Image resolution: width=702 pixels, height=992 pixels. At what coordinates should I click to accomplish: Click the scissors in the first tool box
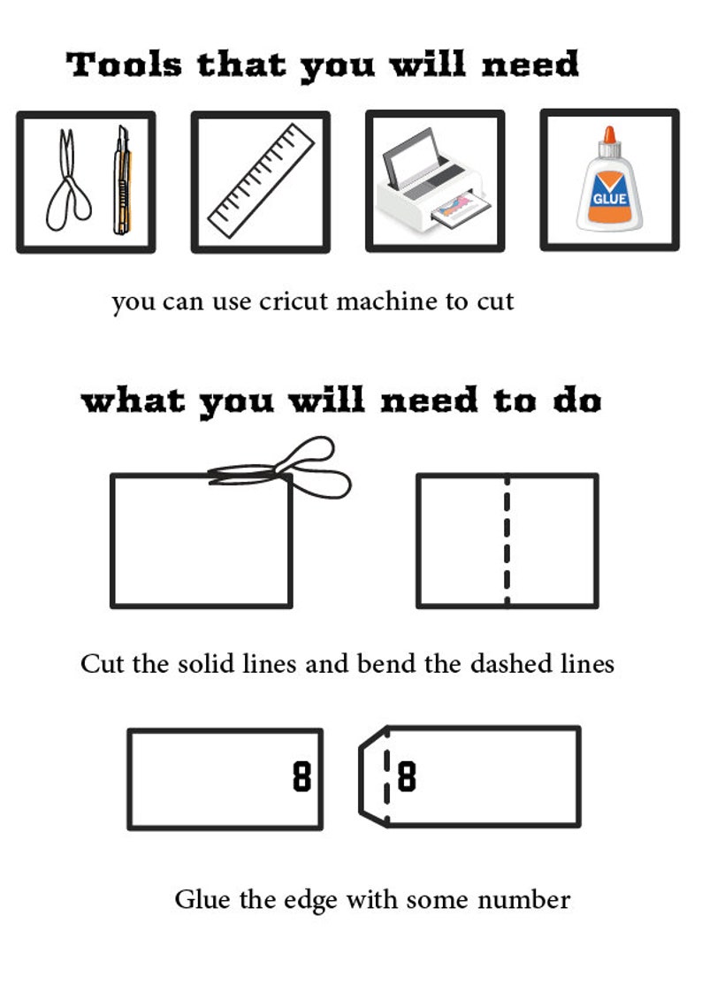click(x=67, y=181)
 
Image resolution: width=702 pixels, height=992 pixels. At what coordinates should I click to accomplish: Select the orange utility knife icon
click(x=121, y=180)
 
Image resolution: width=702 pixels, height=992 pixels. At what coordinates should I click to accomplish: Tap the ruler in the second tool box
click(x=262, y=181)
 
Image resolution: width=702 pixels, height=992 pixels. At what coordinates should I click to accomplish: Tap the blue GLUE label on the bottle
click(x=609, y=198)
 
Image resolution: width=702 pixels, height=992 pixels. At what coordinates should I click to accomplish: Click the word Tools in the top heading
click(x=125, y=65)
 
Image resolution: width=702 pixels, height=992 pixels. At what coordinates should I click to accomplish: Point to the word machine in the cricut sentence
click(x=385, y=301)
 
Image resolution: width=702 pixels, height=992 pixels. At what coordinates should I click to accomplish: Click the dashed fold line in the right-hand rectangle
click(x=507, y=541)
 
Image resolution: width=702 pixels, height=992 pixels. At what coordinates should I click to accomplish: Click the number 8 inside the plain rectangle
click(x=302, y=778)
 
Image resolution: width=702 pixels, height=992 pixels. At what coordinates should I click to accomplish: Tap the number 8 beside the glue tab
click(x=406, y=778)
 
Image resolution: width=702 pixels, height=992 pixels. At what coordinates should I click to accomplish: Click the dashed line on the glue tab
click(x=386, y=778)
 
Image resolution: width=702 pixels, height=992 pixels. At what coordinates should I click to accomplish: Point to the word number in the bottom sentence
click(x=523, y=900)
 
